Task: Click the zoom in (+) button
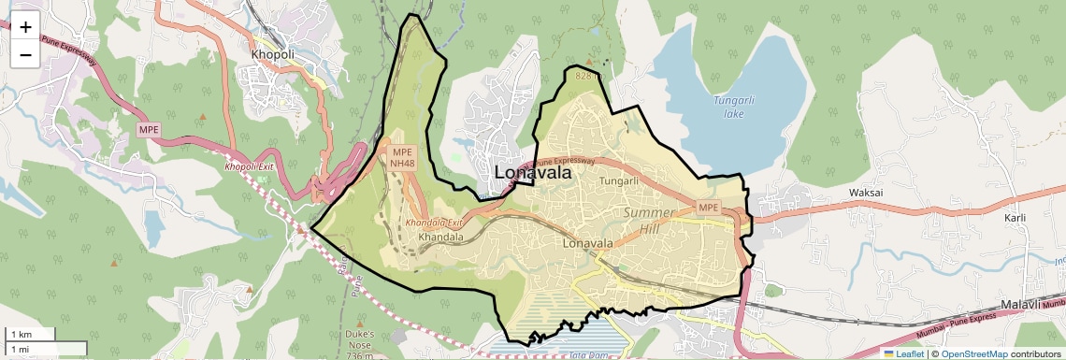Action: click(25, 26)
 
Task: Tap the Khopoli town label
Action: click(272, 54)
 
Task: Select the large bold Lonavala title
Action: click(532, 173)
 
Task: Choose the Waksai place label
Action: click(866, 193)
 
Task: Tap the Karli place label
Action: click(1015, 218)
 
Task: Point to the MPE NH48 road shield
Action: click(402, 157)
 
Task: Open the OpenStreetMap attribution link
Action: click(974, 353)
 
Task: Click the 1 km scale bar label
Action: click(21, 335)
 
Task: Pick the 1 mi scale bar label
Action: click(20, 349)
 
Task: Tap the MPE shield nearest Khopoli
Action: click(149, 129)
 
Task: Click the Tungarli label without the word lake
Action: click(618, 180)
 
